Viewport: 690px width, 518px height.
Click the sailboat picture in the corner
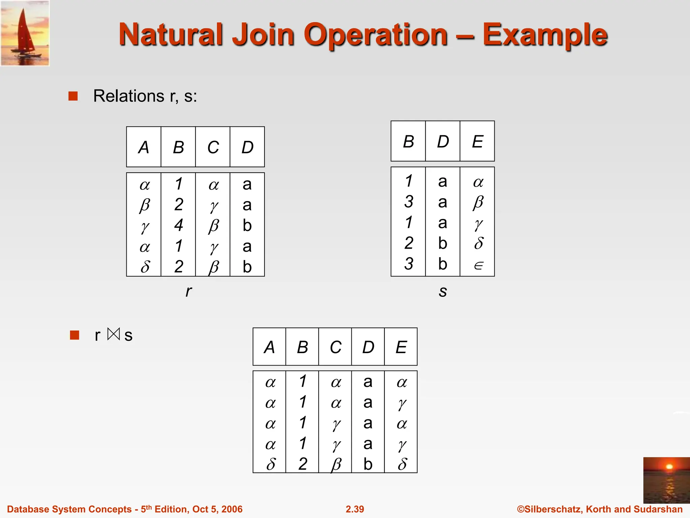25,33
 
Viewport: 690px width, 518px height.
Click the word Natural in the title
170,35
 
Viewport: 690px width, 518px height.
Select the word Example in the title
545,35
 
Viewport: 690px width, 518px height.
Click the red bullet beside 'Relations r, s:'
73,96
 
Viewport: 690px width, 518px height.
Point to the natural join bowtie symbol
114,334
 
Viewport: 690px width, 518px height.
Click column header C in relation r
213,147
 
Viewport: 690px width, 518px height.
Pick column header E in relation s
477,142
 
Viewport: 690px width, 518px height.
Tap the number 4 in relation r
179,225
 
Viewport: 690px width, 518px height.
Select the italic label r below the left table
189,291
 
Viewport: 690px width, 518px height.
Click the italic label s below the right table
443,291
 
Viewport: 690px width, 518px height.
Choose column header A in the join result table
270,347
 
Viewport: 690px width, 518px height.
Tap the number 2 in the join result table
303,464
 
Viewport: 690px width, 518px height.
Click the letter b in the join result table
368,464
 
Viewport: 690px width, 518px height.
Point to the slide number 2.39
355,509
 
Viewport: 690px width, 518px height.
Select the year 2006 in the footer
232,509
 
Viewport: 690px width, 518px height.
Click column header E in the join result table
401,347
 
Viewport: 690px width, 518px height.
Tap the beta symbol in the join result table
336,465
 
